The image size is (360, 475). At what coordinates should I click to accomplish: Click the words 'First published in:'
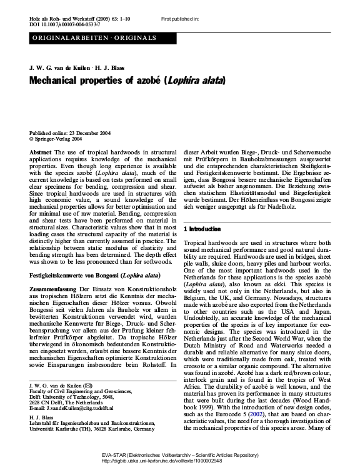[x=179, y=20]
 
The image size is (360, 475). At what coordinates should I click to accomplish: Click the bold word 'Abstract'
[x=41, y=152]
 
